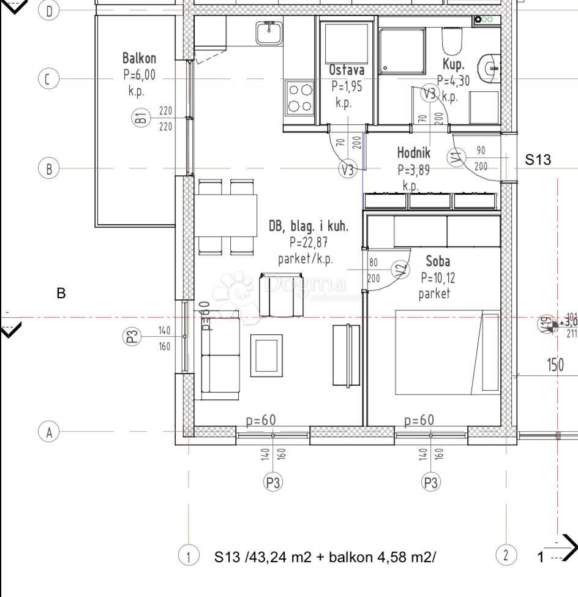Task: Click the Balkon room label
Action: pos(139,59)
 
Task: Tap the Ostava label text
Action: pos(347,70)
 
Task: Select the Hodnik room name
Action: pos(414,153)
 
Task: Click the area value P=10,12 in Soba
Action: pos(438,278)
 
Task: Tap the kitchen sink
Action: pos(269,32)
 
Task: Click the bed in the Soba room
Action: pos(448,352)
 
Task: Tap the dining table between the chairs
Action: pos(227,215)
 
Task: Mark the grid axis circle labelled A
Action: pos(49,432)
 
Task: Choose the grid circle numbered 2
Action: pos(505,556)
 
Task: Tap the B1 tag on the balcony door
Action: pos(141,118)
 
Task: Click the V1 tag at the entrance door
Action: pos(455,158)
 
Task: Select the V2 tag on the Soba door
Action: pos(401,269)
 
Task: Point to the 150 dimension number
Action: pos(555,366)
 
